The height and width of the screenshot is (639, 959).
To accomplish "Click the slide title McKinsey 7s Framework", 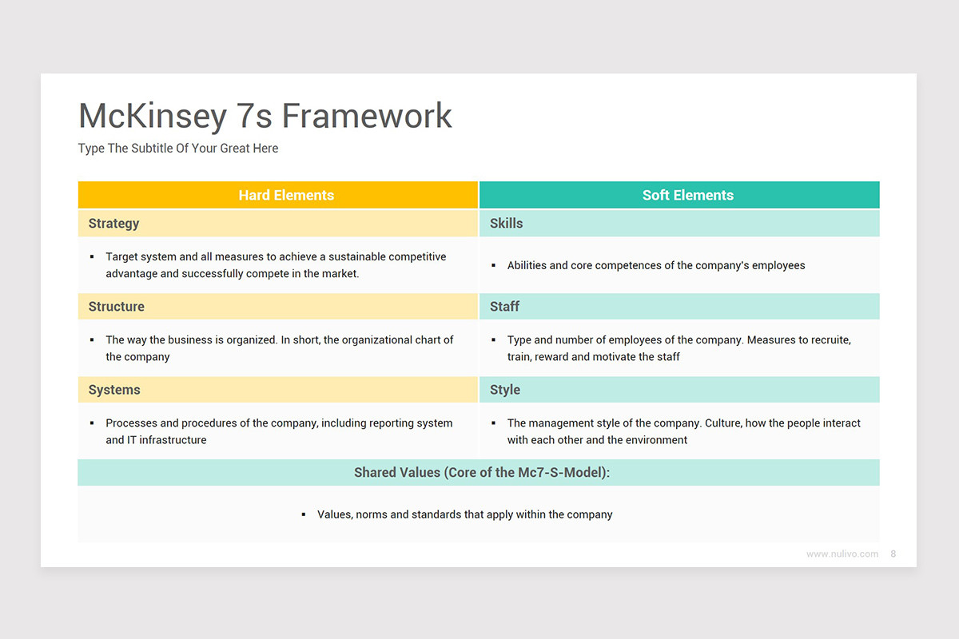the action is point(265,117).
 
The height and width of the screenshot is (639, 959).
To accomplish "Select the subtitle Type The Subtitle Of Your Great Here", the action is point(178,149).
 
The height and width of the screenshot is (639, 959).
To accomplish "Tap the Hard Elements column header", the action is point(286,195).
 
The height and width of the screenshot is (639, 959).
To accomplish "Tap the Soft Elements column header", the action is point(687,195).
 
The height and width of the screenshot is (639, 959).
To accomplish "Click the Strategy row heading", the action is point(113,224).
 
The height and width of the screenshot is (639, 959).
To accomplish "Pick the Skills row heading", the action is point(506,224).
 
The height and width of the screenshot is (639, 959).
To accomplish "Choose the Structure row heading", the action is point(116,307).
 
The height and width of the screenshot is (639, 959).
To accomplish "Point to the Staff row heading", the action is point(504,307).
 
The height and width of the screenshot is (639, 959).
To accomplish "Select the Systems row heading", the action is point(114,390).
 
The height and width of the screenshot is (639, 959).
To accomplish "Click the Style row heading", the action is point(504,390).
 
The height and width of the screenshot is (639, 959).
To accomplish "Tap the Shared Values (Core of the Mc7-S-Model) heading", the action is point(482,473).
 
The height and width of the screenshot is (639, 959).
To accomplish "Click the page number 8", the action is point(893,554).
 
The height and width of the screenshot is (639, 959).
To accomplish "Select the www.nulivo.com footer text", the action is point(842,554).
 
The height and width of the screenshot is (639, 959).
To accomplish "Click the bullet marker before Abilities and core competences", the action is point(494,266).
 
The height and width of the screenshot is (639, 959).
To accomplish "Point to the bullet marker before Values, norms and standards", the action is point(304,515).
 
